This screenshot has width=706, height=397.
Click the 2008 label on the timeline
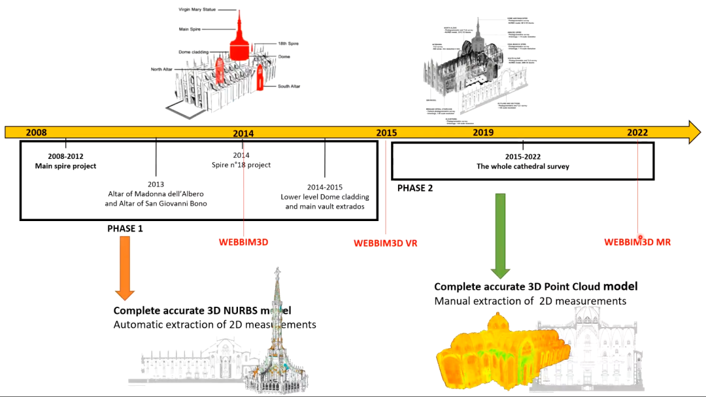[36, 132]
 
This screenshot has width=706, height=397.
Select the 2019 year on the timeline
[483, 132]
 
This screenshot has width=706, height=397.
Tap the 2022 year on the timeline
[637, 132]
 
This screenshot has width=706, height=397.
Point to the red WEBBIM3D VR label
[385, 243]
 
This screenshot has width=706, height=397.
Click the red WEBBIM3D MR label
[637, 242]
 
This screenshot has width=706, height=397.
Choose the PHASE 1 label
[125, 229]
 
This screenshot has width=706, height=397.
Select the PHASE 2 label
[415, 188]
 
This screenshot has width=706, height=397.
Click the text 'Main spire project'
[65, 166]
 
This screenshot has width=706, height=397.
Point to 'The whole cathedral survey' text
[523, 167]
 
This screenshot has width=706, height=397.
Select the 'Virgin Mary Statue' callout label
[197, 10]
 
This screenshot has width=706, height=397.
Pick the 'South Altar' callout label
[292, 86]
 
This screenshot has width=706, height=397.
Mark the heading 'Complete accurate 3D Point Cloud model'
[535, 286]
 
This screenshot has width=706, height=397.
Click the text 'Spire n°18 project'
[241, 165]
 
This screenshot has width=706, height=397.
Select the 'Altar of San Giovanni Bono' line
[156, 203]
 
